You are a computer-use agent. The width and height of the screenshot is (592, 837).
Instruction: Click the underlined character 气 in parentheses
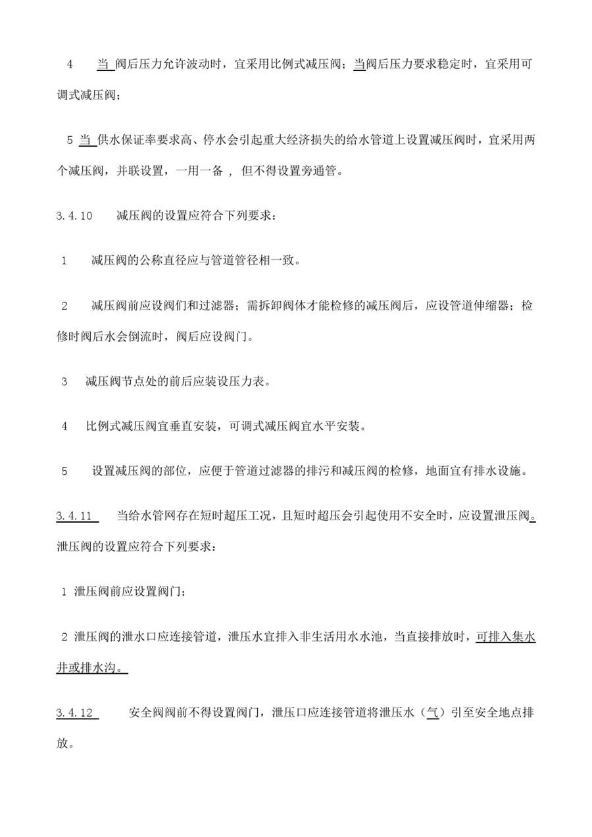tap(432, 713)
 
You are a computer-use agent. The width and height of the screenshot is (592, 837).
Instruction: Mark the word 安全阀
tap(148, 713)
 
